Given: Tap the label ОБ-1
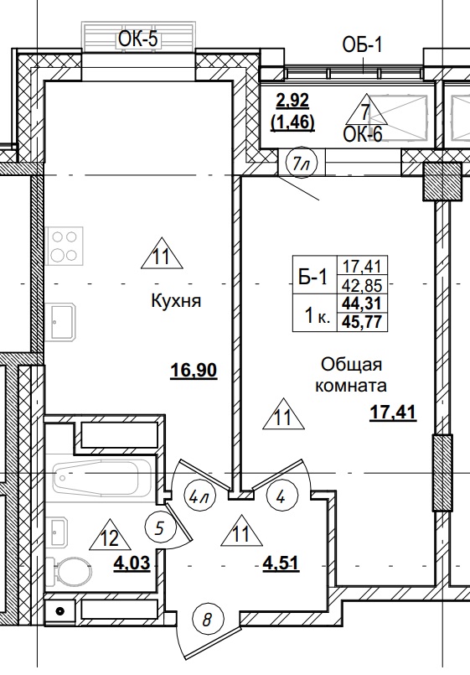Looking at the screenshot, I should [x=362, y=44].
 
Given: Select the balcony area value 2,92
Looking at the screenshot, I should [x=292, y=101].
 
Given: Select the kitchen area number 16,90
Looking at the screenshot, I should [x=194, y=370].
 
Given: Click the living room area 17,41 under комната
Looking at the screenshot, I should [x=392, y=412].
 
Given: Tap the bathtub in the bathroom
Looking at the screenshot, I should [x=101, y=479].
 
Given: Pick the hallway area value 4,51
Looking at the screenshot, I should [x=281, y=562].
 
